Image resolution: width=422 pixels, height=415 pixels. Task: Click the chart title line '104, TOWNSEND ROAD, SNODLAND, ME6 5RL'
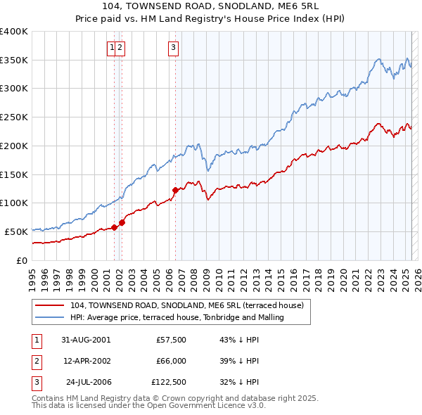tap(211, 6)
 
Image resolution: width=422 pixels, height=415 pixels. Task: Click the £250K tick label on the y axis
tap(14, 117)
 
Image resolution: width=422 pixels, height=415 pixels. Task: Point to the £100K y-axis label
tap(14, 203)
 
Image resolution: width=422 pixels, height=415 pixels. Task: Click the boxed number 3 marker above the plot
tap(173, 48)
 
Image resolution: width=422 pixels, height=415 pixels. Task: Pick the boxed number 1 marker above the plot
tap(111, 48)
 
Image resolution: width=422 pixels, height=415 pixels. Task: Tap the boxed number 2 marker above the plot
tap(120, 48)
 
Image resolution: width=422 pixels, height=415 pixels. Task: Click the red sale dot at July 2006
tap(175, 190)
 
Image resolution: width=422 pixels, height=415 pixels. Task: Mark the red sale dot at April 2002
tap(122, 222)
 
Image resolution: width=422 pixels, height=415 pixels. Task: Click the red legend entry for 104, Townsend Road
tap(186, 305)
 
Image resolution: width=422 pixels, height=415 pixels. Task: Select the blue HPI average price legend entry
tap(177, 317)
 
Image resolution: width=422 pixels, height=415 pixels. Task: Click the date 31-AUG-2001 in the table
tap(86, 340)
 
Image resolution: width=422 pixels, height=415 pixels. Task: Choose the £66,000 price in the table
tap(170, 361)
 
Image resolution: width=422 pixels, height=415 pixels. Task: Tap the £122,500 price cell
tap(169, 382)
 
